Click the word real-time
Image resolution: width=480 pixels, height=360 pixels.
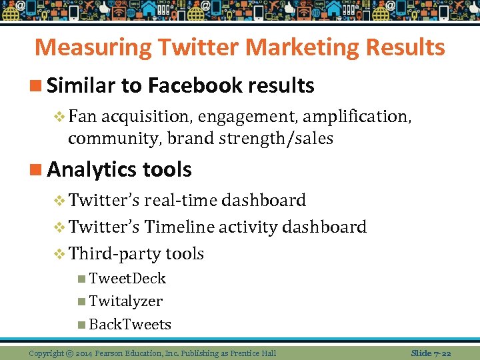click(x=181, y=200)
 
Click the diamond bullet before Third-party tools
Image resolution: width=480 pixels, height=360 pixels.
click(x=59, y=254)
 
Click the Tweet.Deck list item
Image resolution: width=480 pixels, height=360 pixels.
click(x=127, y=279)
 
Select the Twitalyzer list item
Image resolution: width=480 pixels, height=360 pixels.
click(x=125, y=301)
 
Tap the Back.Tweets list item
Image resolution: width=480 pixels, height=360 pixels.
click(x=130, y=325)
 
